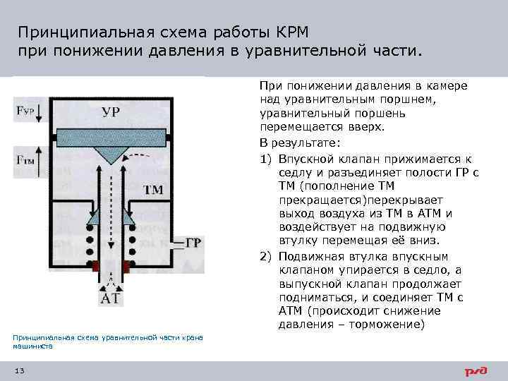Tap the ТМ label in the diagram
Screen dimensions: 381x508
(153, 190)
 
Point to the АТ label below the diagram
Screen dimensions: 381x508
(111, 298)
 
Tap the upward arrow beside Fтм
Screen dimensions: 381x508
(39, 159)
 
